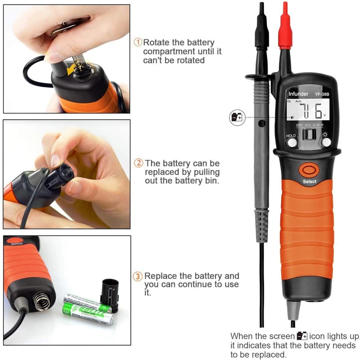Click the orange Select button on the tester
click(x=307, y=170)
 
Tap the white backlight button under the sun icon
click(x=326, y=142)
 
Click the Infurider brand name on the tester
click(x=298, y=94)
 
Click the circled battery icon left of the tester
click(x=237, y=117)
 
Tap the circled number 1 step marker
click(x=138, y=42)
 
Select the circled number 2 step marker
click(x=139, y=163)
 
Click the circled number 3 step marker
click(x=139, y=276)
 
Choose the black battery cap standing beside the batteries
click(x=109, y=294)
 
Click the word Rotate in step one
click(x=156, y=42)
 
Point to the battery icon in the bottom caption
click(x=302, y=336)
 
